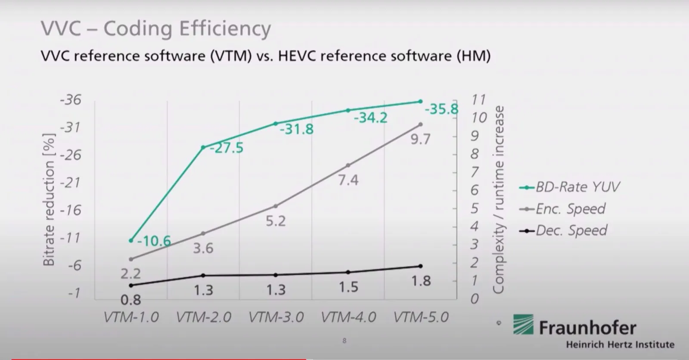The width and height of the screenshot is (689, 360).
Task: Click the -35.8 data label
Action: coord(441,109)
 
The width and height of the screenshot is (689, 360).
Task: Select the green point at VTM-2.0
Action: coord(203,147)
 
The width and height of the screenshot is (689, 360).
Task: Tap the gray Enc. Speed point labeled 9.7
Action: coord(420,124)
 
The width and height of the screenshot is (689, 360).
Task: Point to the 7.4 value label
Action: coord(348,180)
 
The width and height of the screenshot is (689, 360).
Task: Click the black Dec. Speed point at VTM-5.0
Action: coord(420,266)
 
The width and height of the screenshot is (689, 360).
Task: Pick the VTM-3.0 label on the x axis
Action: coord(276,317)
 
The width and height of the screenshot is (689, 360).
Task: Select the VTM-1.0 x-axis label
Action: coord(131,317)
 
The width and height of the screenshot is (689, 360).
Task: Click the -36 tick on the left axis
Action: coord(70,100)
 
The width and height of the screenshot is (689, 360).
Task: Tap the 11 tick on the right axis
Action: coord(478,100)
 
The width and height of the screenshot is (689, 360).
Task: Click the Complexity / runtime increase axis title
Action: coord(498,200)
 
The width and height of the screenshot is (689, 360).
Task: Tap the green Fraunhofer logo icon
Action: coord(523,324)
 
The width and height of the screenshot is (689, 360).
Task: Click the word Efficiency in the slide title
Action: coord(225,28)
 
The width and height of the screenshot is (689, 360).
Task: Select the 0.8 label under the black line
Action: coord(131,300)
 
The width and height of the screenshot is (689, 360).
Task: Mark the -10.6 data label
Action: coord(154,241)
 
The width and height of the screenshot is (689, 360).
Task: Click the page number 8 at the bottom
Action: coord(344,341)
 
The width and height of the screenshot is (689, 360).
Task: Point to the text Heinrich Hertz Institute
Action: coord(620,344)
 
